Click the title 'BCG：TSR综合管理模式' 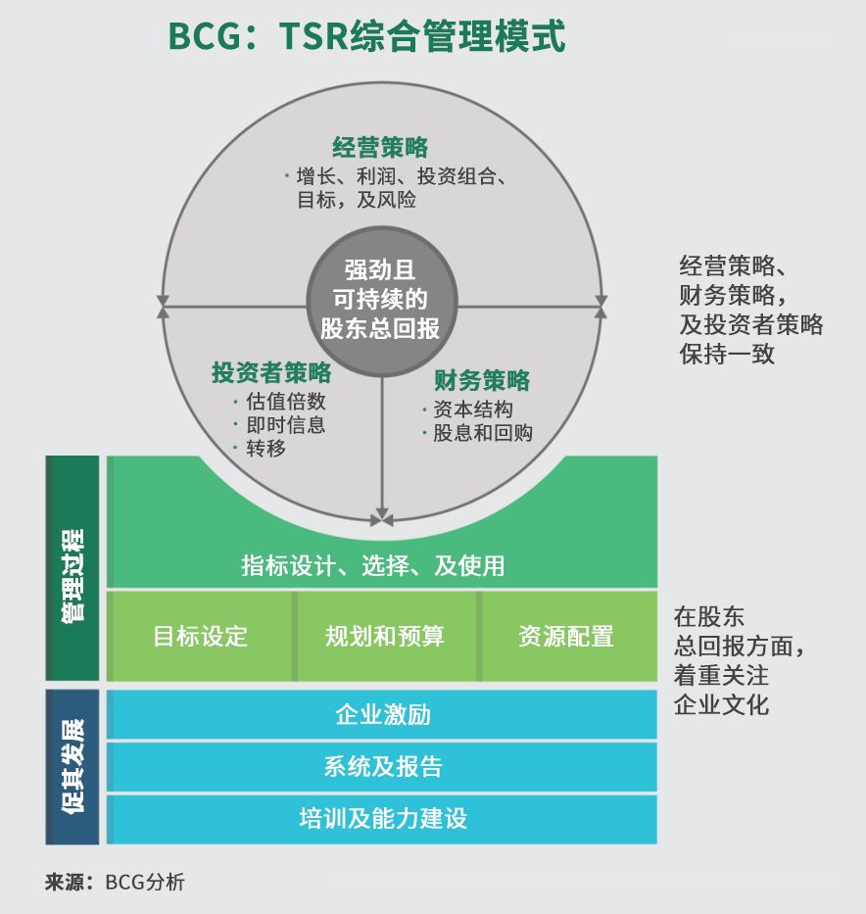pos(366,36)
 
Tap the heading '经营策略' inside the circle pos(380,148)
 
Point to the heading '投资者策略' pos(271,373)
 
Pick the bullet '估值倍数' pos(286,402)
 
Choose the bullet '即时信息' pos(286,425)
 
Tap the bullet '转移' pos(266,449)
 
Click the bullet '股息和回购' pos(482,433)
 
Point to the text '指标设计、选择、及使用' pos(373,566)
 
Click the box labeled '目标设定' pos(201,637)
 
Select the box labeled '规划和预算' pos(385,637)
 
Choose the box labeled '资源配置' pos(566,637)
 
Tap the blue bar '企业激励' pos(382,715)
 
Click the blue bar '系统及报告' pos(382,767)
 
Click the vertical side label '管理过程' pos(72,569)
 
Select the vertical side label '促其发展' pos(72,767)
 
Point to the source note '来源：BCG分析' pos(115,882)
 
